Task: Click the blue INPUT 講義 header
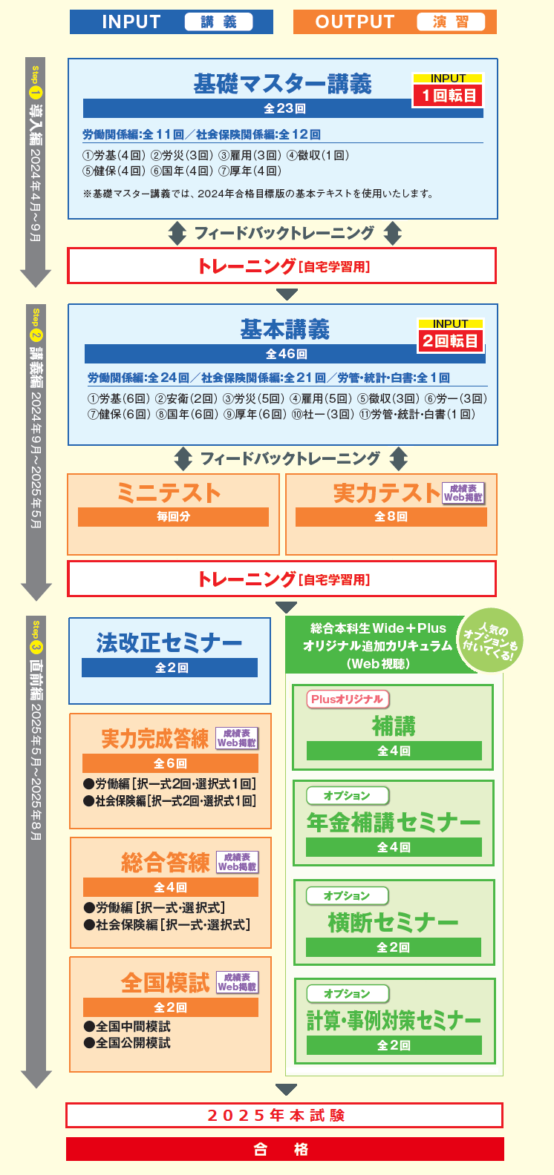pyautogui.click(x=172, y=22)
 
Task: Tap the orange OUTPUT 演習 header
pyautogui.click(x=394, y=22)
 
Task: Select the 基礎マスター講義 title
pyautogui.click(x=282, y=84)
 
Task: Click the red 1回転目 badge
pyautogui.click(x=448, y=96)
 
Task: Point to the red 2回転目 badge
pyautogui.click(x=450, y=341)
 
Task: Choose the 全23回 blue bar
pyautogui.click(x=284, y=109)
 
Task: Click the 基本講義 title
pyautogui.click(x=285, y=329)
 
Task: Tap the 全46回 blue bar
pyautogui.click(x=286, y=354)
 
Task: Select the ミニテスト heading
pyautogui.click(x=169, y=493)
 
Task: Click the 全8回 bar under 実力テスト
pyautogui.click(x=391, y=517)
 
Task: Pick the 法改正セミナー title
pyautogui.click(x=169, y=642)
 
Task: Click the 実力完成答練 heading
pyautogui.click(x=154, y=739)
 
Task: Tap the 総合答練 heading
pyautogui.click(x=165, y=863)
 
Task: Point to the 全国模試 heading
pyautogui.click(x=165, y=983)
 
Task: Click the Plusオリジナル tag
pyautogui.click(x=347, y=699)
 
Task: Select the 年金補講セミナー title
pyautogui.click(x=394, y=822)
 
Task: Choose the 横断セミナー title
pyautogui.click(x=393, y=922)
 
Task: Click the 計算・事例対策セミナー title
pyautogui.click(x=394, y=1021)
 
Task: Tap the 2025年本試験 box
pyautogui.click(x=284, y=1115)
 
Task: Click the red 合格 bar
pyautogui.click(x=284, y=1149)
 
